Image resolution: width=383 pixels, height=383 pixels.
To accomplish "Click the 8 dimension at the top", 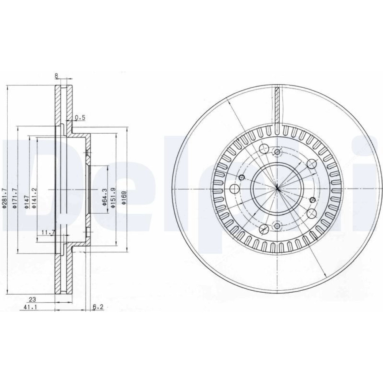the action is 56,76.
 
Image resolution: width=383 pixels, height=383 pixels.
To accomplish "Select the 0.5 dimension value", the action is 80,118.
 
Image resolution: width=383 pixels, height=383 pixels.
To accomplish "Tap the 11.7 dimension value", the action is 47,232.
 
